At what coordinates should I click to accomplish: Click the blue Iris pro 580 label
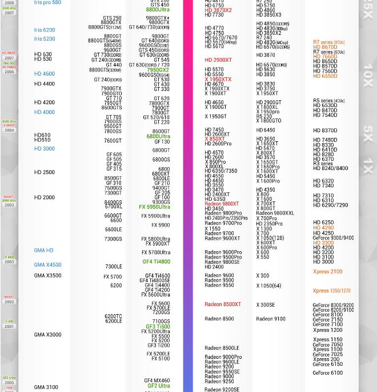(47, 3)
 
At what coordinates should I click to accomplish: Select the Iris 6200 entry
(45, 30)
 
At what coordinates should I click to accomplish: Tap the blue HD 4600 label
(45, 74)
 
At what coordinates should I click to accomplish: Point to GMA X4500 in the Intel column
(47, 265)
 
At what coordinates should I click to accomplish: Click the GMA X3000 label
(47, 335)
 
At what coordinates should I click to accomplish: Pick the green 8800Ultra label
(157, 10)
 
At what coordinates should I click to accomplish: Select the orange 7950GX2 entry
(158, 70)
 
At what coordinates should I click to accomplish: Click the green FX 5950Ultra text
(154, 207)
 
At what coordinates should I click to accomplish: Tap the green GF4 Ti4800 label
(156, 262)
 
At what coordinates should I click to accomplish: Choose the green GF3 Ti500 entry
(157, 327)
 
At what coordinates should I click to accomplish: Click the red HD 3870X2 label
(218, 10)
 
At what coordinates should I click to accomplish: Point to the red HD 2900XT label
(218, 60)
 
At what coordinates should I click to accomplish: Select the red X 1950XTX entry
(218, 80)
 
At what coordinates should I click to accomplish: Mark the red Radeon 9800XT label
(222, 204)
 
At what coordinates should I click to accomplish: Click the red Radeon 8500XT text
(223, 304)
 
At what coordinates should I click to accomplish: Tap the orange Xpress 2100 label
(327, 272)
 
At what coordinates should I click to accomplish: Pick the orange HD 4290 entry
(323, 228)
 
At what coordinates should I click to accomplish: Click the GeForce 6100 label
(327, 373)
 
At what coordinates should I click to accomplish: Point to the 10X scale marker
(368, 75)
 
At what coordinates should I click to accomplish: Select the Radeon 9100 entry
(271, 319)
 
